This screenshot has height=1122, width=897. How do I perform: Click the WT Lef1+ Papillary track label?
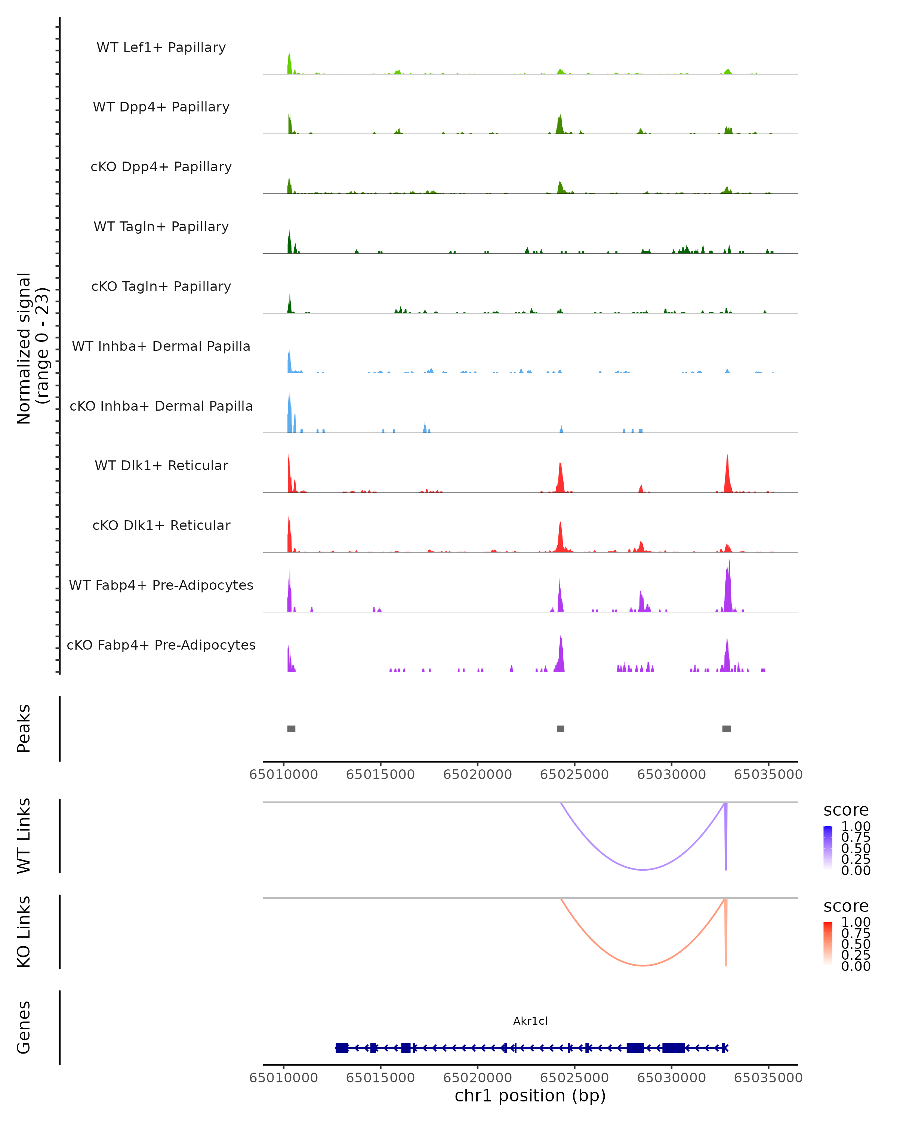(x=161, y=47)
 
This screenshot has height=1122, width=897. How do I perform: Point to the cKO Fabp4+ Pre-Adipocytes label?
(x=161, y=645)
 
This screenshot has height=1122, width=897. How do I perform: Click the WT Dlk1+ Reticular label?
(x=161, y=465)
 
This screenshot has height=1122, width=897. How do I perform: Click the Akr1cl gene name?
(x=530, y=1021)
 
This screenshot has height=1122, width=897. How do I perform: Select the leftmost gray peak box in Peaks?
(x=291, y=729)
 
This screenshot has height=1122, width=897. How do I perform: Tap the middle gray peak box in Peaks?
(x=560, y=729)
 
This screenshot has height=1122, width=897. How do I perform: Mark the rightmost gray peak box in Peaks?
(x=727, y=729)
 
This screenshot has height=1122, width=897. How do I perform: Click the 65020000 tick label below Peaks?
(x=477, y=775)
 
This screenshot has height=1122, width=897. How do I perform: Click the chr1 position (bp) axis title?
(x=530, y=1095)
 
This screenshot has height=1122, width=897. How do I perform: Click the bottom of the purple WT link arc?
(x=643, y=870)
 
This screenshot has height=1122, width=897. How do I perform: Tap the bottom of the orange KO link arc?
(x=643, y=965)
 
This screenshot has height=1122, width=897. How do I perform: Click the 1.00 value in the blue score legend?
(x=856, y=827)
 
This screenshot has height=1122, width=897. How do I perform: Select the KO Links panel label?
(x=24, y=932)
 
